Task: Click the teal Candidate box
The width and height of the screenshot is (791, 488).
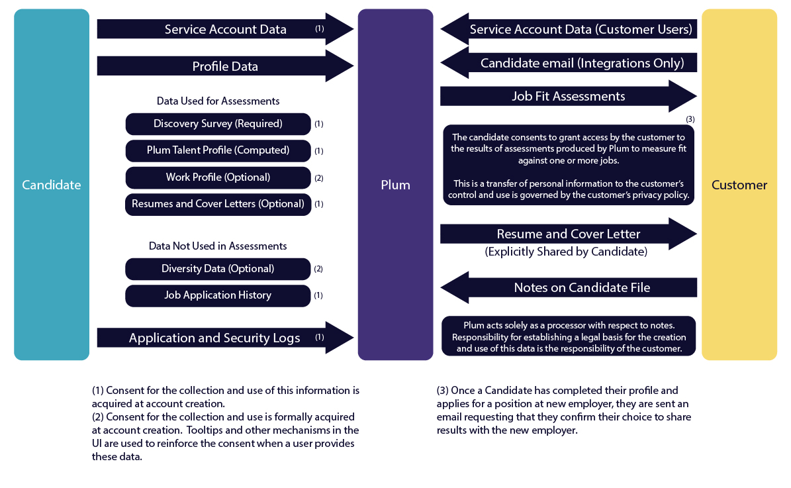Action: pyautogui.click(x=52, y=185)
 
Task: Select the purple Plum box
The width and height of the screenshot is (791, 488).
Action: pyautogui.click(x=395, y=185)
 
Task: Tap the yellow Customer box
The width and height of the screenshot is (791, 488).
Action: pyautogui.click(x=739, y=185)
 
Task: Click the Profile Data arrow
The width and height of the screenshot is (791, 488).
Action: pyautogui.click(x=225, y=66)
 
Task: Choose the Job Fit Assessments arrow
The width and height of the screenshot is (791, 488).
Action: pyautogui.click(x=568, y=96)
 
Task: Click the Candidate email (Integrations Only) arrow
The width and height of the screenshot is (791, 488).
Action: pyautogui.click(x=581, y=63)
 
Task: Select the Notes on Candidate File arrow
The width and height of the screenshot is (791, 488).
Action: pyautogui.click(x=581, y=287)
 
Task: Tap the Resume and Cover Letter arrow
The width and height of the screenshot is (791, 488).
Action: pyautogui.click(x=568, y=234)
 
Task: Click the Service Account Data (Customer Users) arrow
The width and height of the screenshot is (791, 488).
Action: pyautogui.click(x=581, y=29)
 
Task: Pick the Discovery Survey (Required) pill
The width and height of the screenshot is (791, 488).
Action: pyautogui.click(x=218, y=124)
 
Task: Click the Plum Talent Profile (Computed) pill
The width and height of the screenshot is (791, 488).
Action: pyautogui.click(x=218, y=150)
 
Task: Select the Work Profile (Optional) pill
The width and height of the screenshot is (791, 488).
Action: pyautogui.click(x=218, y=177)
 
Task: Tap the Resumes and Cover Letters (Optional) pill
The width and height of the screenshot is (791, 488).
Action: pyautogui.click(x=218, y=204)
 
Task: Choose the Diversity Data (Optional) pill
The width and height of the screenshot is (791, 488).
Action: pyautogui.click(x=218, y=269)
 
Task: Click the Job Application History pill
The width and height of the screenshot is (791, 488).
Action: pyautogui.click(x=218, y=295)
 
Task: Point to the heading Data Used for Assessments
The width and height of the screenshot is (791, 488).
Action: pyautogui.click(x=218, y=101)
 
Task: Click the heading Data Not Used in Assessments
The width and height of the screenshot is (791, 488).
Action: pyautogui.click(x=218, y=246)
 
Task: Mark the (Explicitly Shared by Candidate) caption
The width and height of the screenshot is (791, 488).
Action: pyautogui.click(x=565, y=252)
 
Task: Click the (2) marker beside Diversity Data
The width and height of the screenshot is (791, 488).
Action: pyautogui.click(x=318, y=269)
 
